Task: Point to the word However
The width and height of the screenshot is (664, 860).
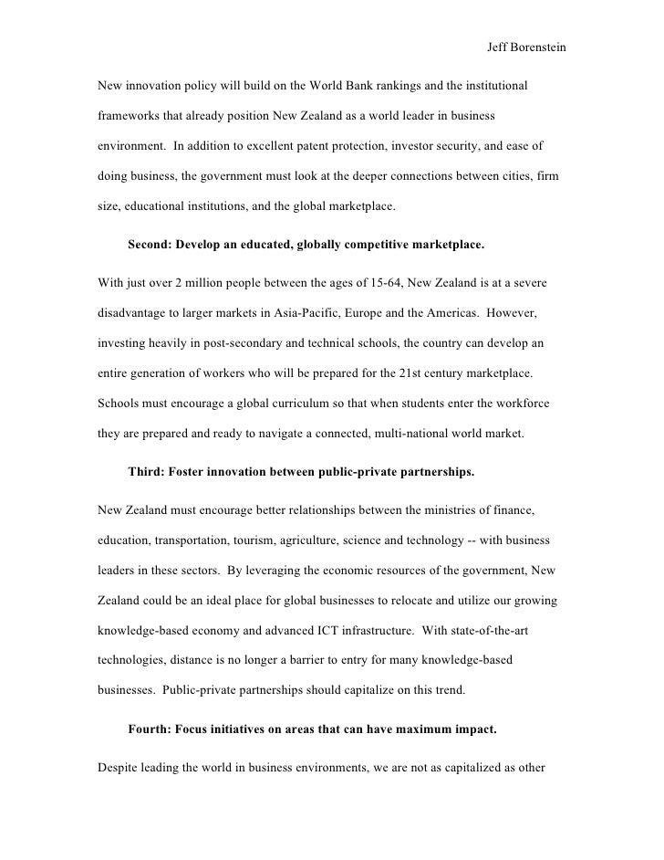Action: pyautogui.click(x=514, y=315)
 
